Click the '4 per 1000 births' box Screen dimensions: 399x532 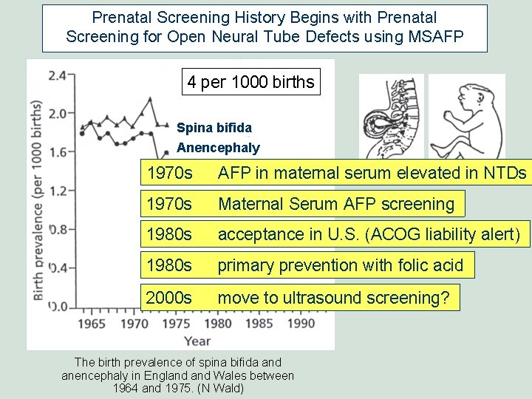(251, 82)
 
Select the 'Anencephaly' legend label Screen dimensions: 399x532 (218, 148)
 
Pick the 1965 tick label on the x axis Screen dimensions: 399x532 (95, 323)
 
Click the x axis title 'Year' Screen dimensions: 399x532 (197, 341)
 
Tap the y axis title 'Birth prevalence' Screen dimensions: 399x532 (37, 199)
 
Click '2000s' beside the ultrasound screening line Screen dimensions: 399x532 (169, 298)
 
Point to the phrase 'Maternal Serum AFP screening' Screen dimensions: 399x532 (336, 204)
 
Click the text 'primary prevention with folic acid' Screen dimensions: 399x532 (341, 265)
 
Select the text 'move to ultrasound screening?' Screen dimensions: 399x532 (333, 298)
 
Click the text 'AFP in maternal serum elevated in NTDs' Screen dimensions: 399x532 (372, 174)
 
